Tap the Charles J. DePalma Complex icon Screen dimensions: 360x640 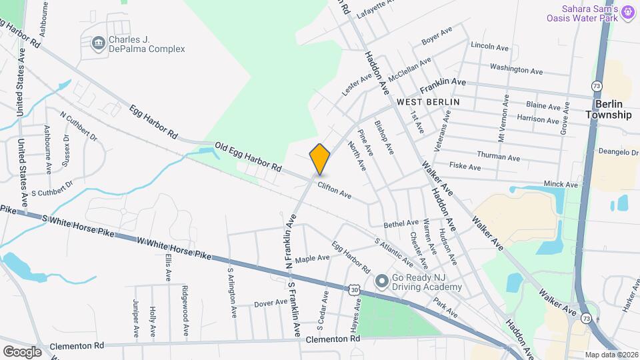pyautogui.click(x=99, y=44)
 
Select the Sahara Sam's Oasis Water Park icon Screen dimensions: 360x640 pyautogui.click(x=627, y=11)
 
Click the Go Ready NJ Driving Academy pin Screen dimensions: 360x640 pyautogui.click(x=381, y=281)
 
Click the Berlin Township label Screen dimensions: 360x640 pyautogui.click(x=608, y=110)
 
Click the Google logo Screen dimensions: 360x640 pyautogui.click(x=22, y=351)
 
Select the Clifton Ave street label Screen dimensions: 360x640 pyautogui.click(x=334, y=190)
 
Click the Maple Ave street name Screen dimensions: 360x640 pyautogui.click(x=313, y=258)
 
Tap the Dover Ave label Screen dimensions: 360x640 pyautogui.click(x=271, y=303)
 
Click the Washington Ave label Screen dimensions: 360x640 pyautogui.click(x=517, y=69)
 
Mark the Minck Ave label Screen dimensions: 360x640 pyautogui.click(x=561, y=183)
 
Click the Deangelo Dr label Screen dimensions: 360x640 pyautogui.click(x=619, y=152)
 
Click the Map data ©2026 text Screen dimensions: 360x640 pyautogui.click(x=611, y=355)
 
